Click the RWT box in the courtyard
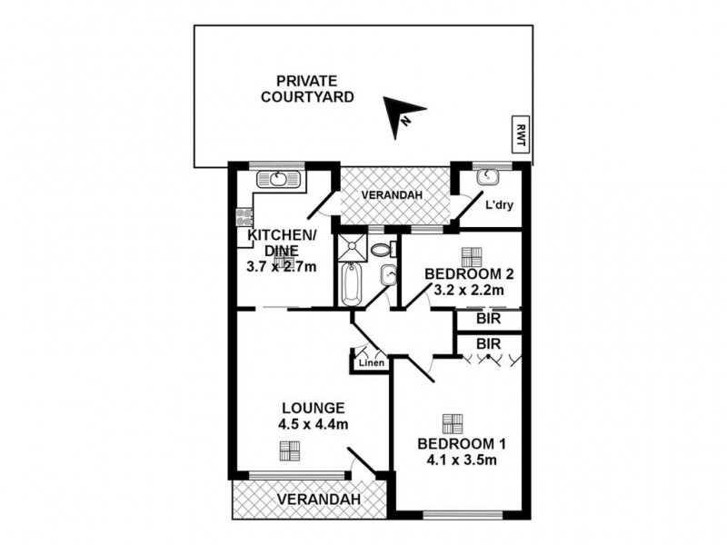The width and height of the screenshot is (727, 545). click(x=520, y=134)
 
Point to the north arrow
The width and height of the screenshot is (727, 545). click(x=401, y=115)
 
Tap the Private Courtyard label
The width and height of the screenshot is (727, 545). click(x=307, y=89)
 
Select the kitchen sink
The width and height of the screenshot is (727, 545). click(x=279, y=180)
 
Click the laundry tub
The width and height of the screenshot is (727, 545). click(x=486, y=175)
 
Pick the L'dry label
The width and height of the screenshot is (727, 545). click(x=499, y=205)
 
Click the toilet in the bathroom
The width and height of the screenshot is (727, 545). click(x=383, y=250)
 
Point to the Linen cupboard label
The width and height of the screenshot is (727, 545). click(x=372, y=362)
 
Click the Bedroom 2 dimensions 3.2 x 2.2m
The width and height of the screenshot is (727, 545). click(x=468, y=291)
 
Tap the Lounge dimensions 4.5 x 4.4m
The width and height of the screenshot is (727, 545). click(x=314, y=424)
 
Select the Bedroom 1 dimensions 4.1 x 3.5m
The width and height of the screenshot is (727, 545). click(x=462, y=461)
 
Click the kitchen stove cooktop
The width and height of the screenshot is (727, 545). click(x=244, y=217)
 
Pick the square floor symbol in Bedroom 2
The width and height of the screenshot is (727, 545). click(x=472, y=257)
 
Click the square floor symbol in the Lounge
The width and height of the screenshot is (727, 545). click(x=290, y=451)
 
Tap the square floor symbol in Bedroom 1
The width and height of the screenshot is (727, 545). click(x=453, y=423)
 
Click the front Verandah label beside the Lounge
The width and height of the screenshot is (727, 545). click(x=319, y=499)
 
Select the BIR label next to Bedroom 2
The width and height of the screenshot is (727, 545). click(x=489, y=320)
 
